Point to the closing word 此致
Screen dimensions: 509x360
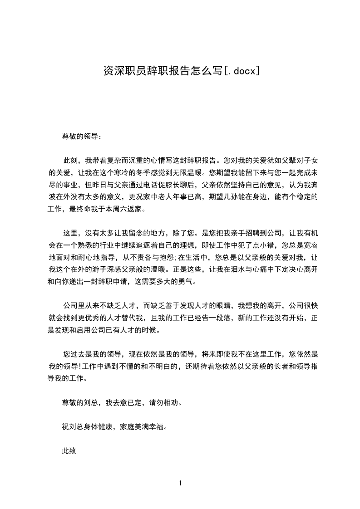(x=68, y=451)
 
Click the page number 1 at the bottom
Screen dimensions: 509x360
(x=180, y=483)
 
